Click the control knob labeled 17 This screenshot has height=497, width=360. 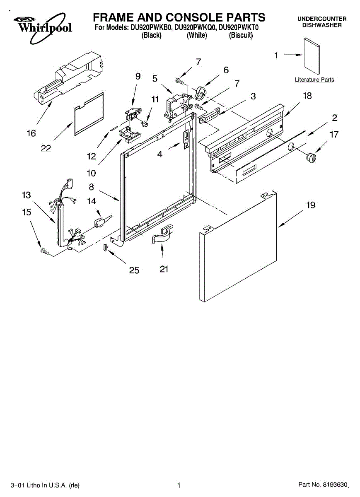(311, 157)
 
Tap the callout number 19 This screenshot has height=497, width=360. (311, 205)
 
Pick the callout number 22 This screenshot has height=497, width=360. (46, 148)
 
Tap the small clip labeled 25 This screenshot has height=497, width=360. (105, 247)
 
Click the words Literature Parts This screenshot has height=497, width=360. (314, 80)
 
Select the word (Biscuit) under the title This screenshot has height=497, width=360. (241, 36)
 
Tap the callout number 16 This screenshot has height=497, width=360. (31, 133)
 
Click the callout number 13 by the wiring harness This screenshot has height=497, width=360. (27, 195)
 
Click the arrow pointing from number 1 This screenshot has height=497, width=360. (292, 55)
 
